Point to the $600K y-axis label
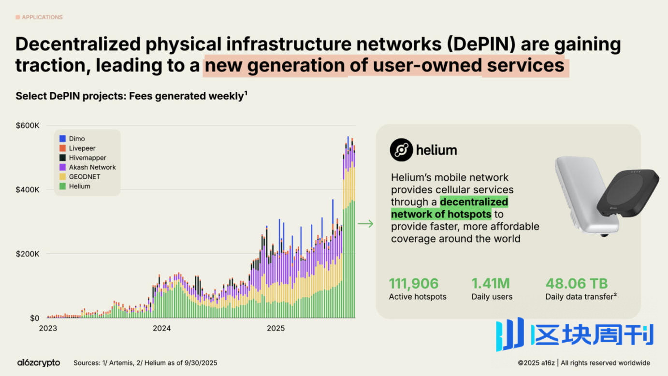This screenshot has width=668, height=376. point(28,126)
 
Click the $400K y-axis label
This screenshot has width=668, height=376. point(28,189)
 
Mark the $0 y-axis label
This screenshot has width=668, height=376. point(34,318)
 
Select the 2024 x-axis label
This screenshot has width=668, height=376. point(161,329)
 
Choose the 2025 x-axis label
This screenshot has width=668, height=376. point(276,329)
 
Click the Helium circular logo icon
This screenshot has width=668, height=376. point(401,150)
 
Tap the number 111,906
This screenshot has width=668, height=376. point(414,283)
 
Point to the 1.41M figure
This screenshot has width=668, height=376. point(491,283)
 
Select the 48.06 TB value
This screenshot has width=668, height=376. point(577,283)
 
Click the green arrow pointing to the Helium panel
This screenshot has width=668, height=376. point(365,223)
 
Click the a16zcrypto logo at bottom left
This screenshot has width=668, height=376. point(39,362)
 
